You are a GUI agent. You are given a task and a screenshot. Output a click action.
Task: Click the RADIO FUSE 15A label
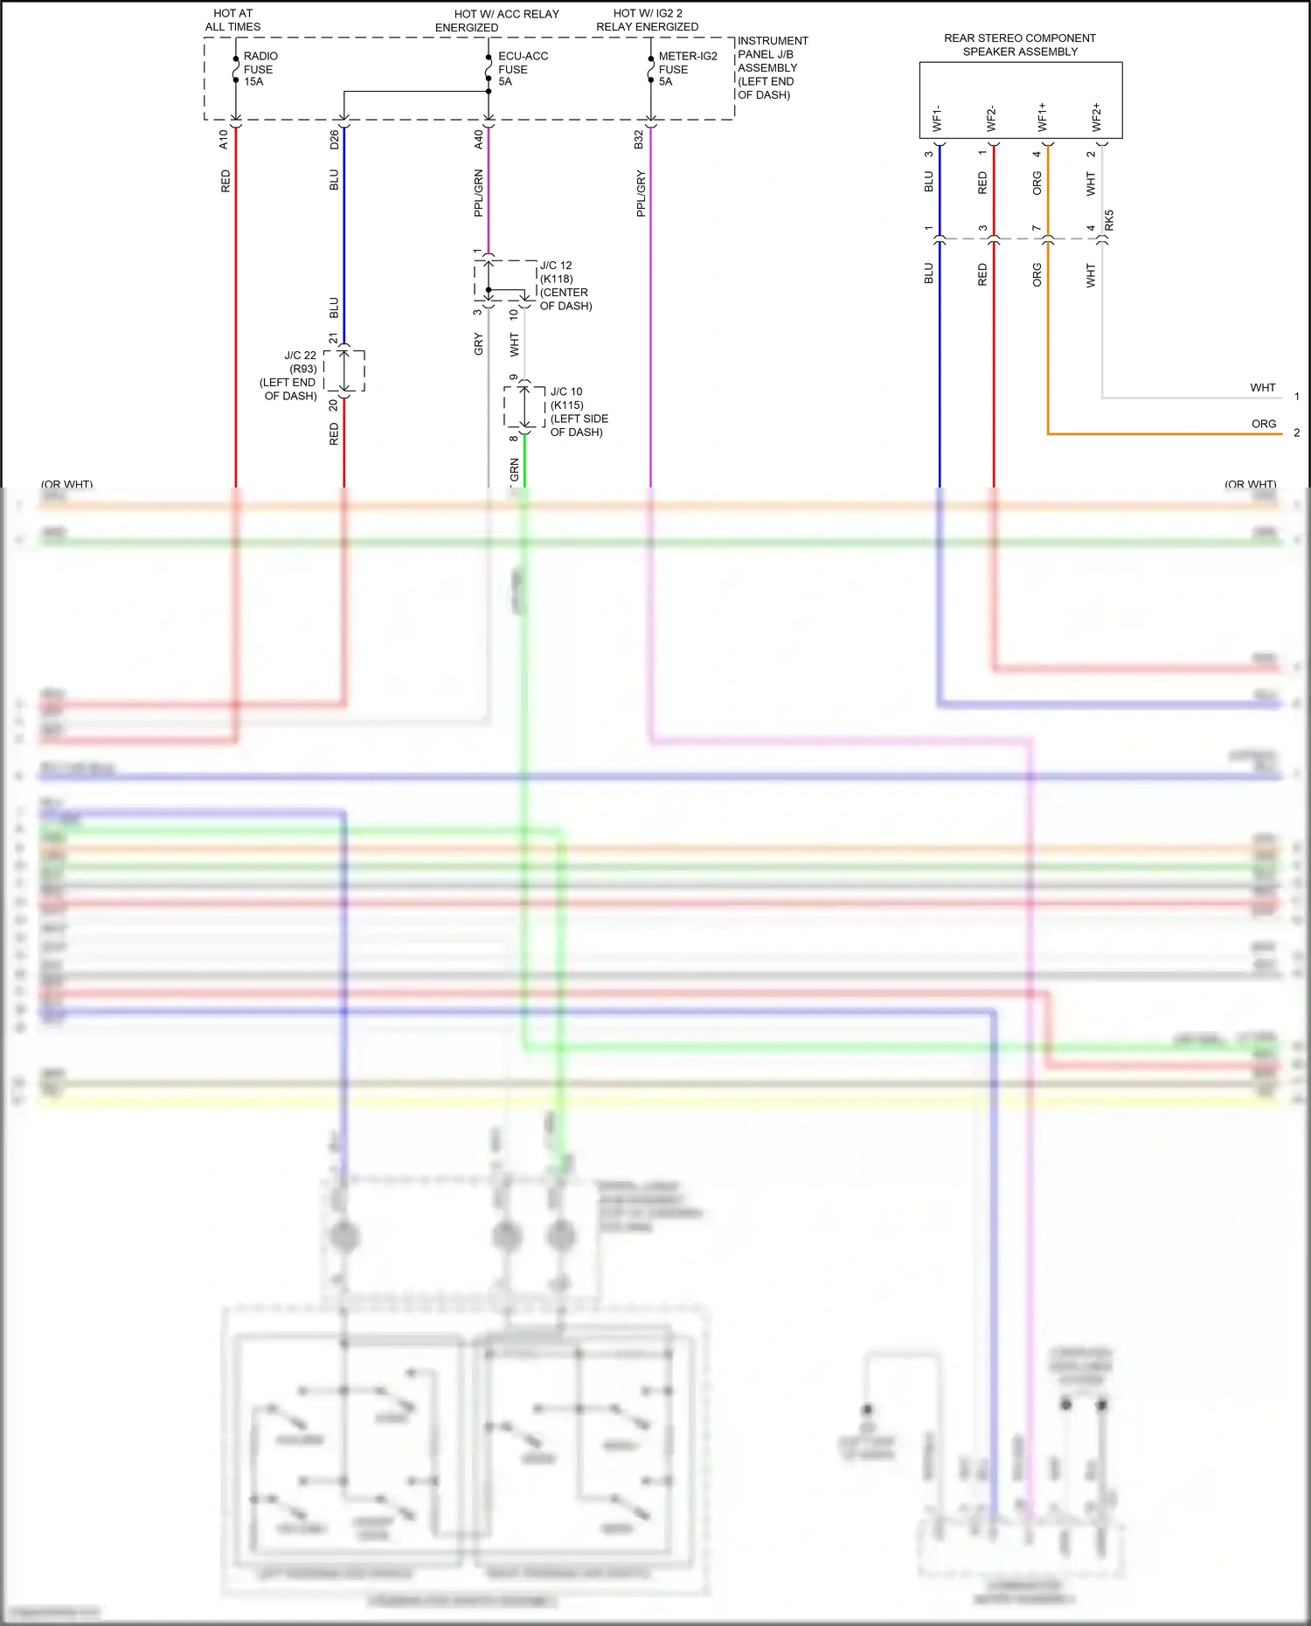click(259, 69)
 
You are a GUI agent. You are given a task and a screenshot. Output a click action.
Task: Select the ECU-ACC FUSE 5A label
click(523, 69)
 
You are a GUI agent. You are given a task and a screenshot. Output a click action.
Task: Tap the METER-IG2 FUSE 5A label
click(687, 69)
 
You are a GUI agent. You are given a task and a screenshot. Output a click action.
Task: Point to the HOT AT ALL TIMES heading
click(232, 20)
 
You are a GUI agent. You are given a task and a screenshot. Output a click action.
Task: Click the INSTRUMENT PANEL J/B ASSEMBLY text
click(772, 67)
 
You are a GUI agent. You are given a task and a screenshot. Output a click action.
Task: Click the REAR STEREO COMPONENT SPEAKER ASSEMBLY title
click(1020, 45)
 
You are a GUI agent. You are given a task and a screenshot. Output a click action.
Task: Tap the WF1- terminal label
click(938, 119)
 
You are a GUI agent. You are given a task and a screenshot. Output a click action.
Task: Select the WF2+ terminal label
click(1097, 117)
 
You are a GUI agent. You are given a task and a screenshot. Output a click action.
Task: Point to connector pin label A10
click(224, 139)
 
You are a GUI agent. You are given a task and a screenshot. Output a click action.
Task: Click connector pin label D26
click(334, 139)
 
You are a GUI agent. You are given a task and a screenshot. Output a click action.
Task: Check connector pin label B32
click(639, 139)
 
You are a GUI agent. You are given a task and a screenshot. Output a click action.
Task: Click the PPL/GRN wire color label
click(478, 193)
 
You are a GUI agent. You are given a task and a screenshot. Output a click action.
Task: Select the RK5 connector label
click(1109, 220)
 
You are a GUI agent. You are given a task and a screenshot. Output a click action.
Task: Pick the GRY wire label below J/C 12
click(478, 344)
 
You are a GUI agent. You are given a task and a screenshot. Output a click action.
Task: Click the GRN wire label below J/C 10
click(515, 469)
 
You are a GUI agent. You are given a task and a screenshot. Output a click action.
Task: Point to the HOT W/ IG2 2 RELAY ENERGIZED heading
click(648, 20)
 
